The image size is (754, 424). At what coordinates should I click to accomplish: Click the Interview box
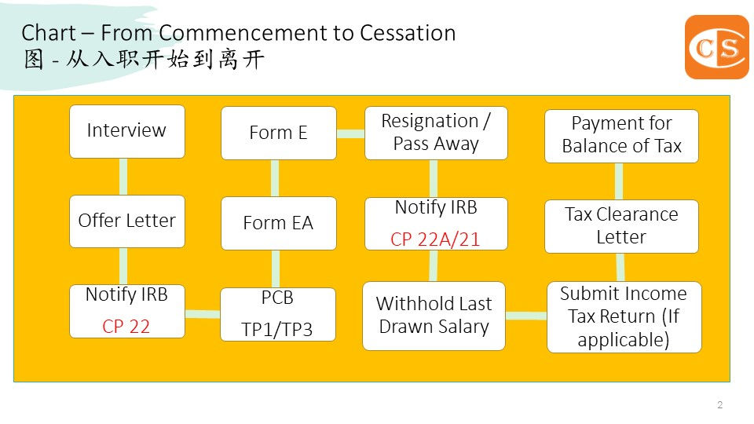tap(126, 131)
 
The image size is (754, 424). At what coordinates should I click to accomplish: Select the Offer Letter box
tap(126, 221)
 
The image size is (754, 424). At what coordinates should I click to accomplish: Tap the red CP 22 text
tap(126, 326)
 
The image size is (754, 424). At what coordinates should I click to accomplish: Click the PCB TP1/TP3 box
tap(277, 315)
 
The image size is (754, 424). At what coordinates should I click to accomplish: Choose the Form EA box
tap(277, 223)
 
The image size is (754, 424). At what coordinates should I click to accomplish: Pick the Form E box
tap(277, 133)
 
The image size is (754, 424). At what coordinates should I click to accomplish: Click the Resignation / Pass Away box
tap(435, 133)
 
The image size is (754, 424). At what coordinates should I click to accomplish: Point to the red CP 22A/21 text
tap(434, 239)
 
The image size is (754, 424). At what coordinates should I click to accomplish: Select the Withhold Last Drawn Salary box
tap(434, 315)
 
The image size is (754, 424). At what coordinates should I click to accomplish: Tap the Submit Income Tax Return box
tap(623, 316)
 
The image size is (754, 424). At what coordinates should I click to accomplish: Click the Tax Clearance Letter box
tap(620, 226)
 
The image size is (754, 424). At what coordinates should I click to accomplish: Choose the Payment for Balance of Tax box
tap(620, 135)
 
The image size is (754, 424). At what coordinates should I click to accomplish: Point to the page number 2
tap(719, 405)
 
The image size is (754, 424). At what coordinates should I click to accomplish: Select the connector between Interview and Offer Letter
tap(124, 177)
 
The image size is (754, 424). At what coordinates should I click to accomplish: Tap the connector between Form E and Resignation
tap(350, 133)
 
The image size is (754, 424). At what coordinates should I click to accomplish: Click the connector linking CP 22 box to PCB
tap(202, 314)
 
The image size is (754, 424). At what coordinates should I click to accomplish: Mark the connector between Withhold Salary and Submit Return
tap(525, 316)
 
